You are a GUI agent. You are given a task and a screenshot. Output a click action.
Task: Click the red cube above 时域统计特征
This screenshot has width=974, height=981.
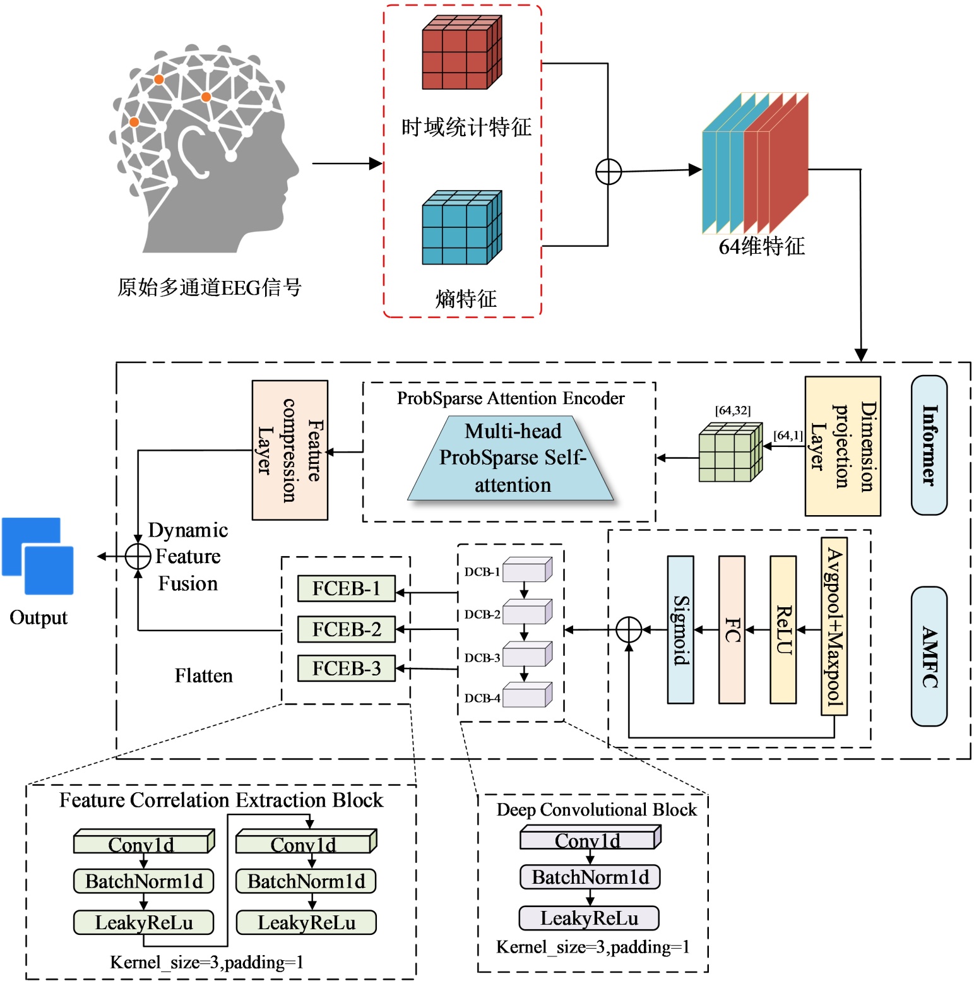point(461,53)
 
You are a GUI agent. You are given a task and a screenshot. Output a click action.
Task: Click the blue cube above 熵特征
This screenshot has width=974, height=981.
point(461,228)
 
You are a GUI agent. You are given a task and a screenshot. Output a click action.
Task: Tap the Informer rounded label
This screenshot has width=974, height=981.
point(929,445)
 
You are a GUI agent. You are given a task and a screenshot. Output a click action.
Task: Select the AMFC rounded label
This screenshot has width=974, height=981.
point(929,657)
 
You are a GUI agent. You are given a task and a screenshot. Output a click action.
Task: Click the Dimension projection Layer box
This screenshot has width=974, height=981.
point(842,446)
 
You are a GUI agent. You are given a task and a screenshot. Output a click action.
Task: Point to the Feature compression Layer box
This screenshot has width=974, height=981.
point(290,450)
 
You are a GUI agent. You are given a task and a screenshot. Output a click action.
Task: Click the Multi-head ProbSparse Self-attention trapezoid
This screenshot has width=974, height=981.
point(511,458)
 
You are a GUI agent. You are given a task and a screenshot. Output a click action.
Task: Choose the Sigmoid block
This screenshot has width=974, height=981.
point(680,629)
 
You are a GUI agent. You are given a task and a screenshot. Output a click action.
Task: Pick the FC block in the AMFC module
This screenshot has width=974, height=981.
point(732,629)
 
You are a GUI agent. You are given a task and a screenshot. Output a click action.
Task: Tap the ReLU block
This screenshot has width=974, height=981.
point(783,629)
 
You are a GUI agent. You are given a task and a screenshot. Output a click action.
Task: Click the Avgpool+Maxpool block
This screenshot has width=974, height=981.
point(834,626)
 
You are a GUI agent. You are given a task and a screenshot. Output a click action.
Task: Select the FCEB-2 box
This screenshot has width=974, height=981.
point(347,629)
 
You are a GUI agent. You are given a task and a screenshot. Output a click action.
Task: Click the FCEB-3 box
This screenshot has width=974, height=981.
point(347,669)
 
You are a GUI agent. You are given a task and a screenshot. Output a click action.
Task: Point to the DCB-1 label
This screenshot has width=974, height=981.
point(482,572)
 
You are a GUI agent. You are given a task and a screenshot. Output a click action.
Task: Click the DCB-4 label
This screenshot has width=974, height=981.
point(482,698)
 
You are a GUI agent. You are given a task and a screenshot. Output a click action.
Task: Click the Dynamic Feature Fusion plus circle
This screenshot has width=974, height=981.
point(138,557)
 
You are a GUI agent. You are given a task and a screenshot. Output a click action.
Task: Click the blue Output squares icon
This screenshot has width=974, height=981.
point(38,556)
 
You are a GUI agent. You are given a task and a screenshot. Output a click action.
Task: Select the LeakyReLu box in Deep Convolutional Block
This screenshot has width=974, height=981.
point(589,918)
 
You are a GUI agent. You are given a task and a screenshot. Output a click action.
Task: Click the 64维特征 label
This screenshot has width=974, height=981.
point(762,246)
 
